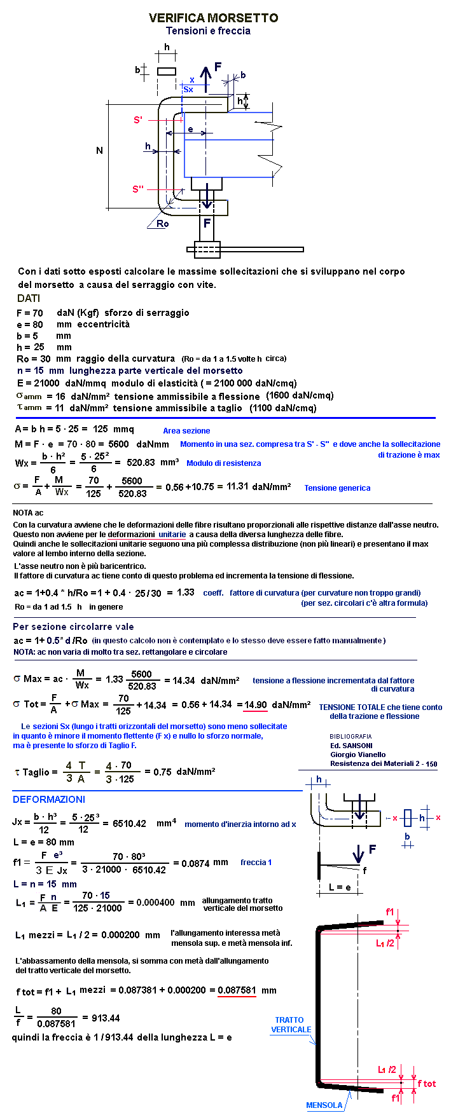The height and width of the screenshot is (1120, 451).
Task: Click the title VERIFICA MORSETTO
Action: (213, 18)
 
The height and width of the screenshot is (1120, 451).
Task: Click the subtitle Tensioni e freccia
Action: (208, 31)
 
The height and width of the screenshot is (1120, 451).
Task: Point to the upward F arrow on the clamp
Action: (205, 74)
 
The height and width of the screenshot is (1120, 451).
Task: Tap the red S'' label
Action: (138, 189)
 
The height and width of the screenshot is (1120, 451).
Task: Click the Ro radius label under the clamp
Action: (163, 224)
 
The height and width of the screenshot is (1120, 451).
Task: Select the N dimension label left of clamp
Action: (99, 151)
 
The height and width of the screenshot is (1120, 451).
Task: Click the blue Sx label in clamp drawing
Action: (188, 90)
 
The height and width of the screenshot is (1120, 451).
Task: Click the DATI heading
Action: (29, 299)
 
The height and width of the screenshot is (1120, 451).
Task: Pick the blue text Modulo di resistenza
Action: (223, 463)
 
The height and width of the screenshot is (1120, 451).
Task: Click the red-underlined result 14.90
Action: (256, 705)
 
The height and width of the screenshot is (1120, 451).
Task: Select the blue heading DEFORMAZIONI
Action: (48, 800)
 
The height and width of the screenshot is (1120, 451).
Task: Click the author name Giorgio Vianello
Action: (357, 755)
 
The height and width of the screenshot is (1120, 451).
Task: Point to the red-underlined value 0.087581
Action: (237, 990)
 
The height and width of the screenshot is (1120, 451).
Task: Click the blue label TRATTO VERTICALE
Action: (291, 1025)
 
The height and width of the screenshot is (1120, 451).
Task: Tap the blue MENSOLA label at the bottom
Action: (324, 1105)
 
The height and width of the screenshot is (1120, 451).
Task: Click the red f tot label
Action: (426, 1084)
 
